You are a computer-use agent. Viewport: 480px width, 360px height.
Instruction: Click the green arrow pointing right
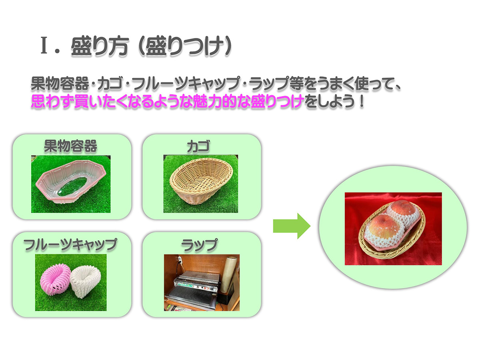coord(292,226)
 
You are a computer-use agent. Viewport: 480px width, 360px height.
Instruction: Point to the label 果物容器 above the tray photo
coord(70,146)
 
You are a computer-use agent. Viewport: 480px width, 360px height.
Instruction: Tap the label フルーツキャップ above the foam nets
coord(70,244)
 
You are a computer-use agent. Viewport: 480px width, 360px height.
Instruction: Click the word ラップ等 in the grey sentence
coord(272,85)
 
